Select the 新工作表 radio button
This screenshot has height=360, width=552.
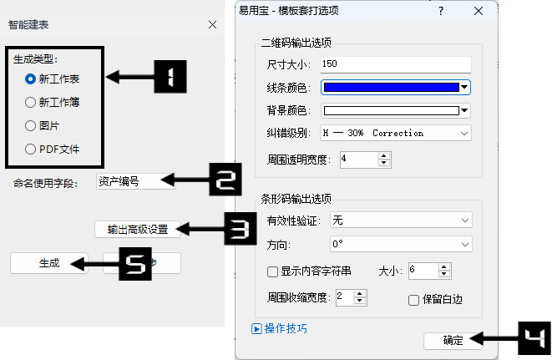[31, 79]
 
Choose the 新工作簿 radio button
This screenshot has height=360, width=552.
[31, 103]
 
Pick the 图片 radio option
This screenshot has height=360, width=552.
[31, 126]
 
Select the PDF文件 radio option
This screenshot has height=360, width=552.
[31, 150]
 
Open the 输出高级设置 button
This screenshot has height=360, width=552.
[138, 229]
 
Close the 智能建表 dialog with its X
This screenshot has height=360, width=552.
[212, 25]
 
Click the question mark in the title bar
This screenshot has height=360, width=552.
[441, 11]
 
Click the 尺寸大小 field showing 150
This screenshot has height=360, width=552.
[396, 64]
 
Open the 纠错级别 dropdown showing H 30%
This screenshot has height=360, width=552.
[396, 133]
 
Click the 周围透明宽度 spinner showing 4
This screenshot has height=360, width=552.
[359, 158]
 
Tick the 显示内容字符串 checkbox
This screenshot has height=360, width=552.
[272, 271]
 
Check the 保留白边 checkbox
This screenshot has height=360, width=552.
[413, 300]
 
